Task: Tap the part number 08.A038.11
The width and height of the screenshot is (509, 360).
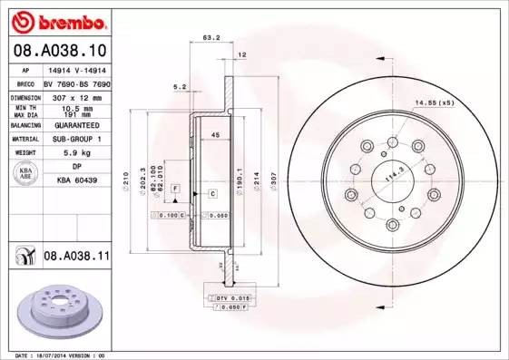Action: coord(76,258)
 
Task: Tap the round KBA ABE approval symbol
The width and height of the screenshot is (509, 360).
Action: coord(24,174)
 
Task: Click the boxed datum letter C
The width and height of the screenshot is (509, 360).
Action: coord(211,194)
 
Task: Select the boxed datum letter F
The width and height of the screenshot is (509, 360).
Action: coord(176,188)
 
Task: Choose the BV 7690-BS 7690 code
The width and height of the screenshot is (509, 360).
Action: coord(76,82)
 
